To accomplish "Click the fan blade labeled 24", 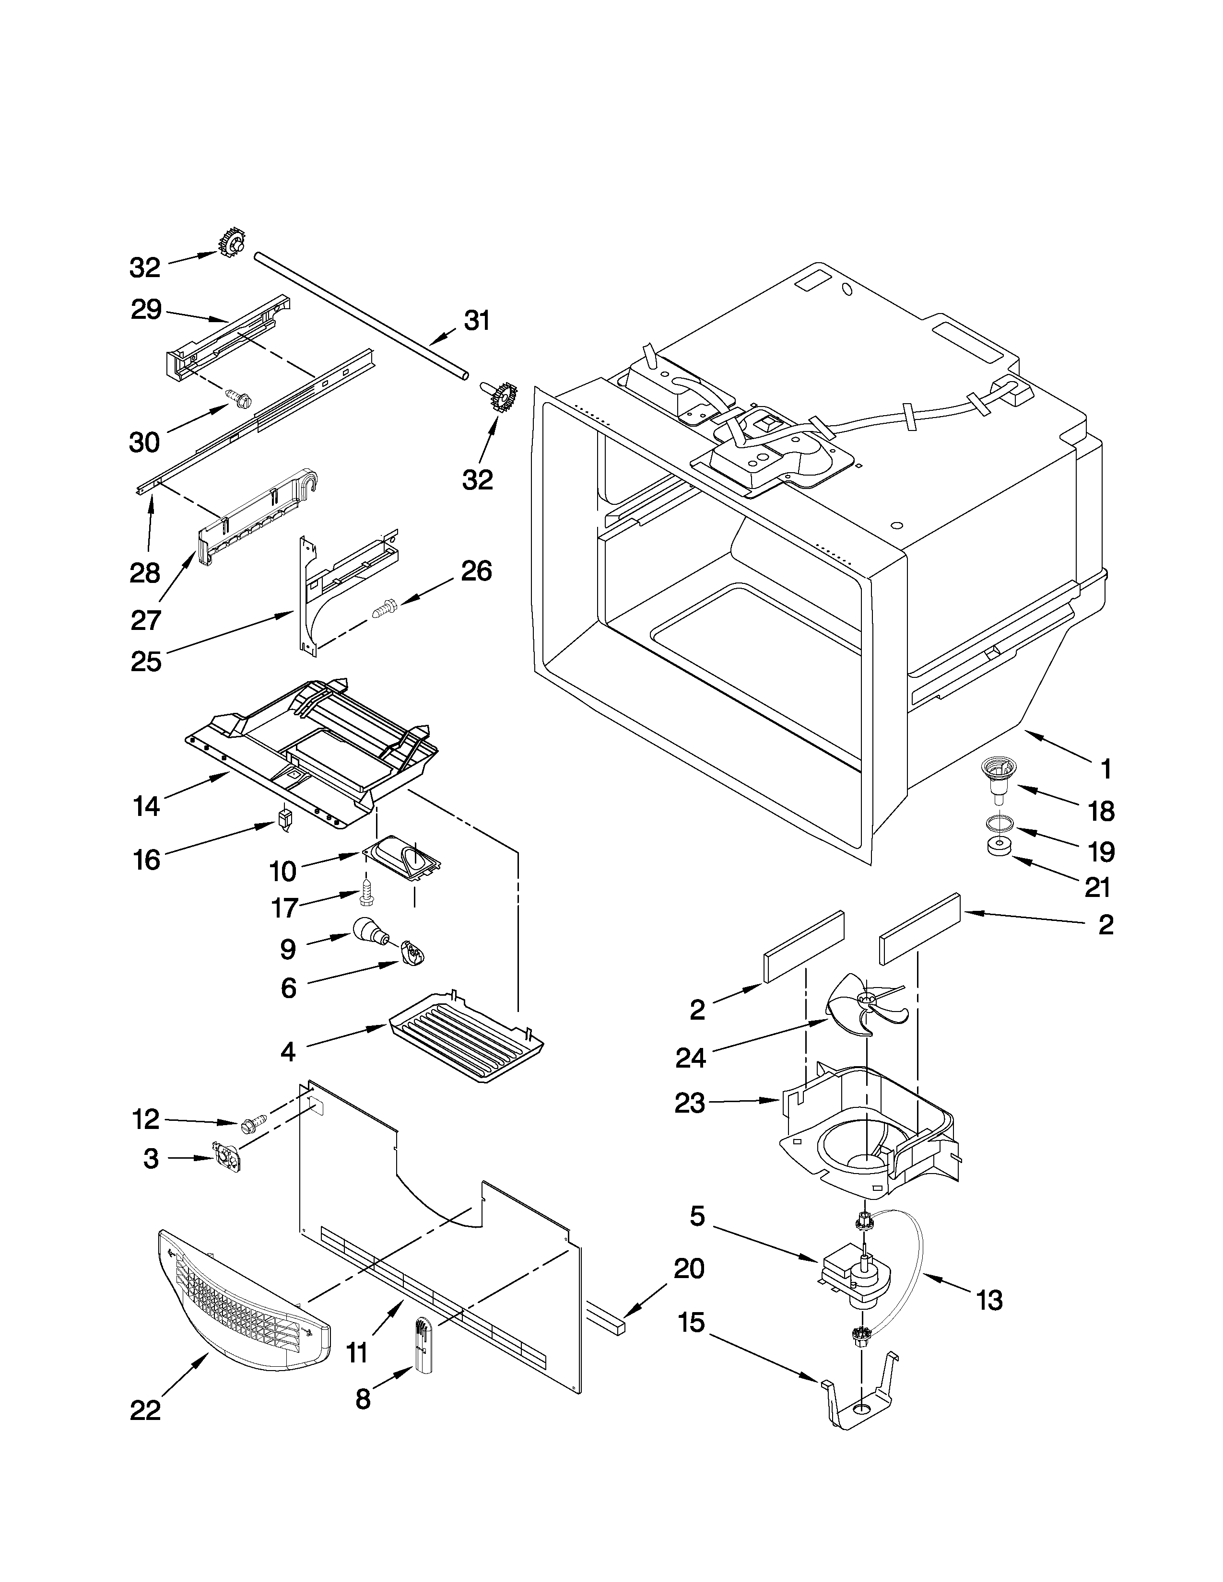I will (864, 1005).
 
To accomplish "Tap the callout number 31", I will (477, 320).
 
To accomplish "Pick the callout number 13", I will (988, 1300).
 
